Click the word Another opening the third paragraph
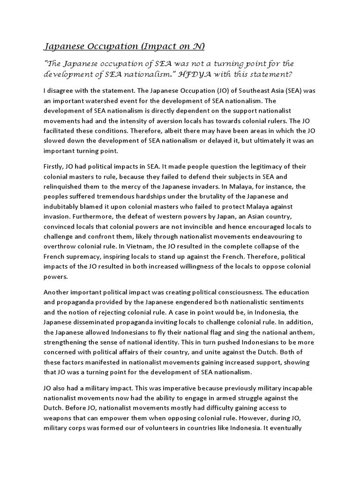click(x=58, y=292)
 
